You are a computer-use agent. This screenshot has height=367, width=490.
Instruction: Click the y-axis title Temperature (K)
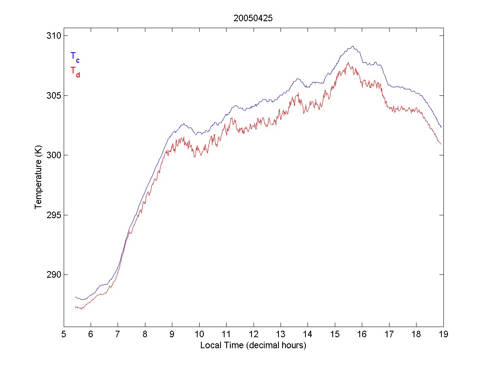tap(38, 179)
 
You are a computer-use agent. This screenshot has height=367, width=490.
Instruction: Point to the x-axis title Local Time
tap(253, 346)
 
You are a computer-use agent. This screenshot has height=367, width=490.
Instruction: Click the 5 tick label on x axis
tap(64, 335)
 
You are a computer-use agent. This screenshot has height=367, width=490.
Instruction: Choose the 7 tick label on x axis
tap(118, 335)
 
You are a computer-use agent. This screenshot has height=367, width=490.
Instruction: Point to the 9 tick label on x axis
tap(172, 335)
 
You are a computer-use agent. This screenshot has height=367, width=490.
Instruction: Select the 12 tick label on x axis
tap(254, 335)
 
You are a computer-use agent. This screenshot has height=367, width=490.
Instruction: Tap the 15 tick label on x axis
tap(335, 335)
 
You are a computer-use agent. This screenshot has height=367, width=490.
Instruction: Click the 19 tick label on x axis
tap(443, 335)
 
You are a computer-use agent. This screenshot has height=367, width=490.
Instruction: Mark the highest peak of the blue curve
tap(352, 46)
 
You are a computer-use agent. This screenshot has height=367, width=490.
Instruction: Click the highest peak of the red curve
tap(347, 62)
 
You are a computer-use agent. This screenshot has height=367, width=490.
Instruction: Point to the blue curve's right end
tap(441, 128)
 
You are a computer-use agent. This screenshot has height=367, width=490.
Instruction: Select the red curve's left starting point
tap(75, 306)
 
